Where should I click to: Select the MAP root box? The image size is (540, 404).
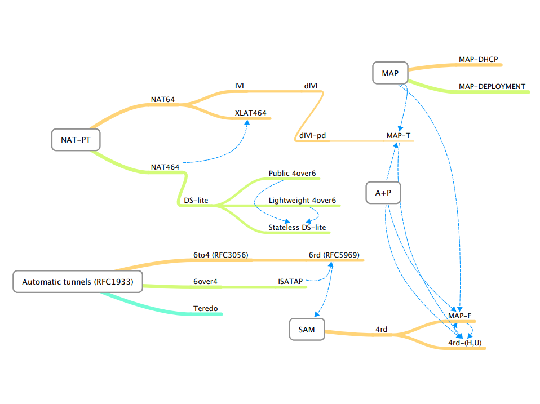389,73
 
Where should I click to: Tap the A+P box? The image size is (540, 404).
383,193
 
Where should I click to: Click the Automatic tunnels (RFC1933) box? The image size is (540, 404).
77,282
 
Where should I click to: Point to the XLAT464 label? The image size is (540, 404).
251,113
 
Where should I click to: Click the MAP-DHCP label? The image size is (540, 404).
479,59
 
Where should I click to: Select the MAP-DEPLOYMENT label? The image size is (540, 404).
492,86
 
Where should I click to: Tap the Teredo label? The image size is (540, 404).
205,309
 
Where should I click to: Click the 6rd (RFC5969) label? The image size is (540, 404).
334,255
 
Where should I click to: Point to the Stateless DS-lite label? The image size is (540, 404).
297,227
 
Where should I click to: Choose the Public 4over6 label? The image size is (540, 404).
292,173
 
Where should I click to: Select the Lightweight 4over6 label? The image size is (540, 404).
302,200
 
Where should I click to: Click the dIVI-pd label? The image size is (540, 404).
312,136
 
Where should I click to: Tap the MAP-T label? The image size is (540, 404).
399,136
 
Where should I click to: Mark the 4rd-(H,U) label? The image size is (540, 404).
465,343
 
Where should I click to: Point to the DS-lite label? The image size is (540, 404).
197,200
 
